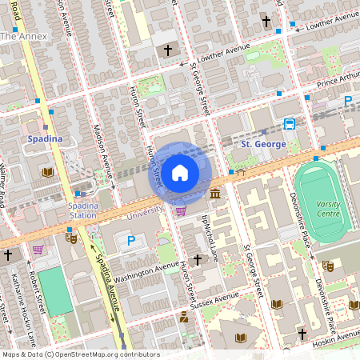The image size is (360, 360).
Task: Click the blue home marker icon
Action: (180, 172)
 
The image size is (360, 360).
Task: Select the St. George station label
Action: (263, 143)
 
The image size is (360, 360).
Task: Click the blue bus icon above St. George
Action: (289, 124)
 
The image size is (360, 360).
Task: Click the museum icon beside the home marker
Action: (215, 194)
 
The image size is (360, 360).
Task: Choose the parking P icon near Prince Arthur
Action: (348, 101)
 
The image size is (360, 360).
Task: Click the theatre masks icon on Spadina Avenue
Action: (71, 237)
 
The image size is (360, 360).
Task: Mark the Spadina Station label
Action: (82, 210)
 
